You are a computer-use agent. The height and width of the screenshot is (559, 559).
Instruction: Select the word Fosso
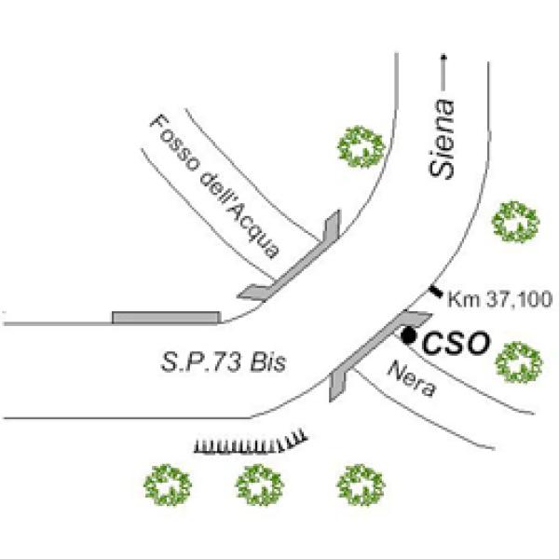tap(173, 139)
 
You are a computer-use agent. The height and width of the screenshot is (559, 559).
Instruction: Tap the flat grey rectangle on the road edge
tap(166, 318)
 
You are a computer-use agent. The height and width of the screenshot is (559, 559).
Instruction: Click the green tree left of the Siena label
tap(361, 146)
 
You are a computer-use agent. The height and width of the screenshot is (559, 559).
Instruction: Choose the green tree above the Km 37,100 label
tap(515, 222)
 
